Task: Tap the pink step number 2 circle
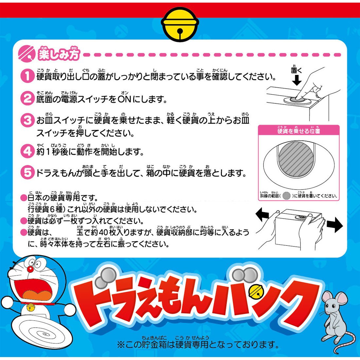27,99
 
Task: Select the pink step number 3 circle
27,120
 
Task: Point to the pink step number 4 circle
27,151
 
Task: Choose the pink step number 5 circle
27,172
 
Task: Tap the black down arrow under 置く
297,80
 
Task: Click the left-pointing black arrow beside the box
262,215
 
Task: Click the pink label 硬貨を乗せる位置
298,131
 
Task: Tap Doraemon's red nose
30,269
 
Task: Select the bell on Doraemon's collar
30,307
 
